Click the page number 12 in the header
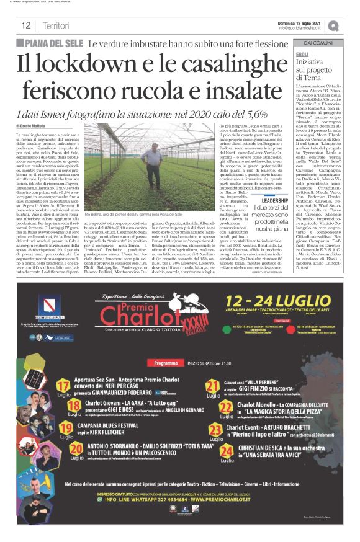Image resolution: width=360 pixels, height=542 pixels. [26, 25]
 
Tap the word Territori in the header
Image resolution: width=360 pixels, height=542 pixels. [56, 25]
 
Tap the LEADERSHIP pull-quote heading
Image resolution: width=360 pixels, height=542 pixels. [274, 201]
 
